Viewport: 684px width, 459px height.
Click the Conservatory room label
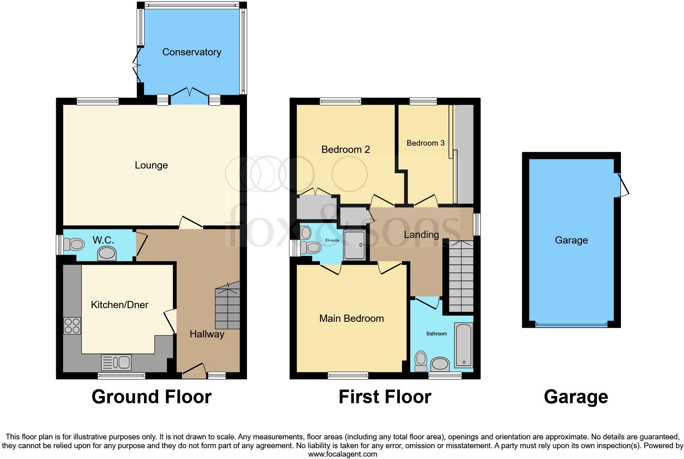[x=191, y=52]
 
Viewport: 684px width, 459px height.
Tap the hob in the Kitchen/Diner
[x=72, y=325]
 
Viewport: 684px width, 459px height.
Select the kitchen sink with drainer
[x=116, y=363]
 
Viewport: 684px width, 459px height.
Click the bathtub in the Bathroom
[x=464, y=345]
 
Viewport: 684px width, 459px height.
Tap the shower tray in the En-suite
[x=355, y=245]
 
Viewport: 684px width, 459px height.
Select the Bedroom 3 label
[x=425, y=143]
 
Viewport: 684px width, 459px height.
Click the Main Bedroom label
[x=351, y=319]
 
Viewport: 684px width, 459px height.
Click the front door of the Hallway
[x=193, y=370]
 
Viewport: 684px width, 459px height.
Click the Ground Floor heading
[x=151, y=397]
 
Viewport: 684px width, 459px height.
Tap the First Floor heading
[x=385, y=397]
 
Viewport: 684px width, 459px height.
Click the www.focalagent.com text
[x=342, y=454]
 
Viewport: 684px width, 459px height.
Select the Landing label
[x=421, y=235]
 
